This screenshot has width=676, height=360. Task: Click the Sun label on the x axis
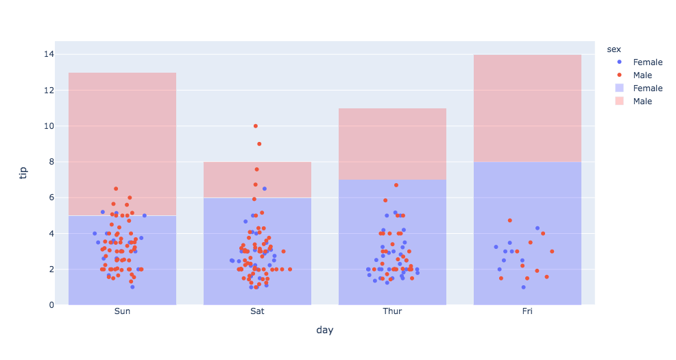tap(122, 311)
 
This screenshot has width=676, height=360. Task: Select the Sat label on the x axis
tap(257, 311)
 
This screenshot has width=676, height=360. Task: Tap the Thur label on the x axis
tap(392, 311)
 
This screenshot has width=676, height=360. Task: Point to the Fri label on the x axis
tap(527, 311)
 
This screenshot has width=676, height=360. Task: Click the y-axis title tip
tap(23, 171)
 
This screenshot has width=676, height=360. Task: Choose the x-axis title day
tap(325, 331)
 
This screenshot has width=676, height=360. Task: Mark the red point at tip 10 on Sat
tap(256, 126)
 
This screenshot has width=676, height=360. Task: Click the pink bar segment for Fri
tap(527, 108)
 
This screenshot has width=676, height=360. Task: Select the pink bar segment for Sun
tap(122, 144)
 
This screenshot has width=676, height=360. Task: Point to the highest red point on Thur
tap(396, 185)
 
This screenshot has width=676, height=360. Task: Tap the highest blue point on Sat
tap(265, 189)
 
